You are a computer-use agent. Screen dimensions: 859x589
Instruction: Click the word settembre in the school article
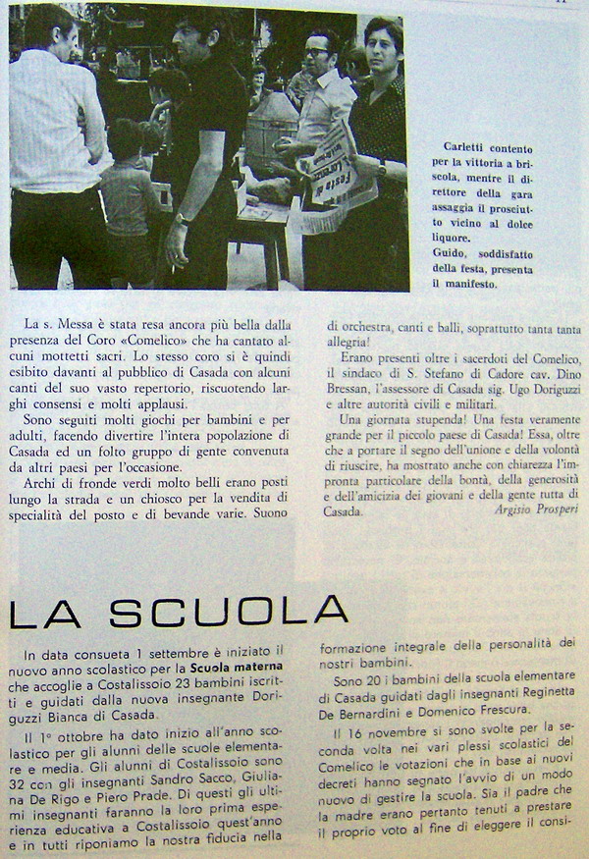pos(199,651)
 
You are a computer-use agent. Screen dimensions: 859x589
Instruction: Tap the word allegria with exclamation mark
pos(360,337)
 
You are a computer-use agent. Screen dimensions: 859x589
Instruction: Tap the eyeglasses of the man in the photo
pos(320,50)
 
